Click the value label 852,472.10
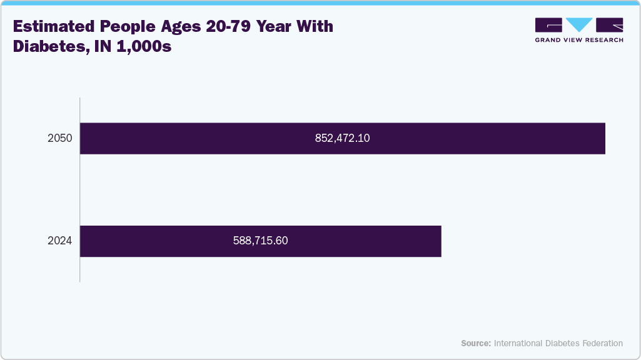(343, 139)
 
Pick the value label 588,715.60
(261, 241)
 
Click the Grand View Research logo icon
(579, 25)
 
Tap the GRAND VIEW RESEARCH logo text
(579, 40)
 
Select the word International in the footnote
(518, 343)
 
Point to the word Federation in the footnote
(602, 343)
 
